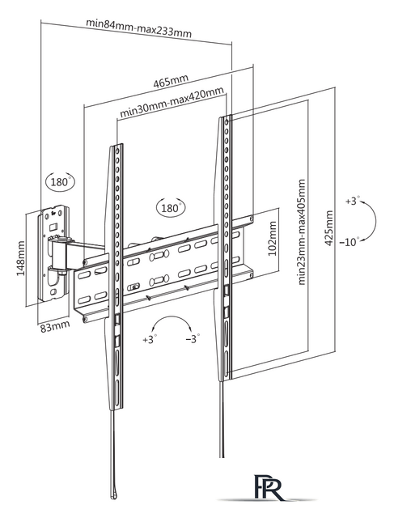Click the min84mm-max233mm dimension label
click(138, 28)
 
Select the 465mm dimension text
click(171, 81)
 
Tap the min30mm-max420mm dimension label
click(172, 102)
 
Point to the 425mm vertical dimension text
click(329, 228)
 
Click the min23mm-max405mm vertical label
click(302, 232)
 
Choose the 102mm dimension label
click(272, 239)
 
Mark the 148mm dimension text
click(20, 258)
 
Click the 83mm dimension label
click(55, 326)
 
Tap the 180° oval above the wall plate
click(61, 181)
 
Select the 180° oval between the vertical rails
click(171, 208)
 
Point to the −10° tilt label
click(350, 242)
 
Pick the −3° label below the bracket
click(193, 339)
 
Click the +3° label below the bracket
click(150, 339)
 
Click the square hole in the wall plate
click(53, 227)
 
